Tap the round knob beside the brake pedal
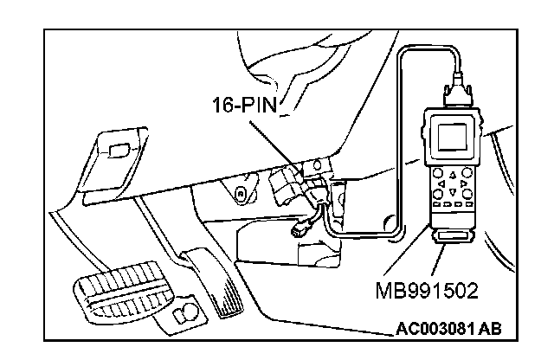[x=185, y=313]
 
